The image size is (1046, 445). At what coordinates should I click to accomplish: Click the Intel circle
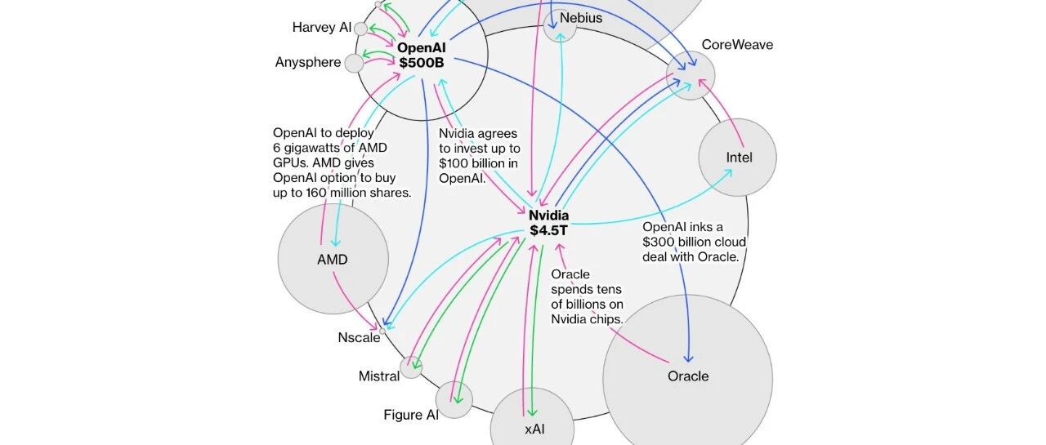pyautogui.click(x=738, y=158)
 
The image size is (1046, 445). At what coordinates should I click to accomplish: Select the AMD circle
pyautogui.click(x=333, y=259)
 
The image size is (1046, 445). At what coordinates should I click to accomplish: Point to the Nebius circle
pyautogui.click(x=560, y=25)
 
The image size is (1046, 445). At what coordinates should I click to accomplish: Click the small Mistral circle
pyautogui.click(x=411, y=367)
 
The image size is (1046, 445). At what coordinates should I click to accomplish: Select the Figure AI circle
pyautogui.click(x=454, y=399)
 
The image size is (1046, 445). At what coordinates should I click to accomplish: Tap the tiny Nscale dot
pyautogui.click(x=382, y=330)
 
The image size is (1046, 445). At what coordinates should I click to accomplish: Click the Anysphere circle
pyautogui.click(x=354, y=63)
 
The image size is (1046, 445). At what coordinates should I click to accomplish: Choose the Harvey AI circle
pyautogui.click(x=360, y=29)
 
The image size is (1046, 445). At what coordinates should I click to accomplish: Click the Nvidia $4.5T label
pyautogui.click(x=548, y=223)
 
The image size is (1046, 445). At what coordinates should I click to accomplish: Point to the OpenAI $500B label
pyautogui.click(x=422, y=55)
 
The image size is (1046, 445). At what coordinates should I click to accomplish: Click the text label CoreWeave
pyautogui.click(x=737, y=45)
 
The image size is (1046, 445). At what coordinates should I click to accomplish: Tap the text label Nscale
pyautogui.click(x=359, y=338)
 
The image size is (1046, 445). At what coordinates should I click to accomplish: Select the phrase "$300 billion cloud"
pyautogui.click(x=694, y=242)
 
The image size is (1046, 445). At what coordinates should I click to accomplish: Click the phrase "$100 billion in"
pyautogui.click(x=479, y=163)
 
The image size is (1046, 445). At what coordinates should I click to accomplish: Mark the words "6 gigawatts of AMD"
pyautogui.click(x=330, y=148)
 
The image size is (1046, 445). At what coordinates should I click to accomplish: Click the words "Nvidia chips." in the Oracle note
pyautogui.click(x=587, y=319)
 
